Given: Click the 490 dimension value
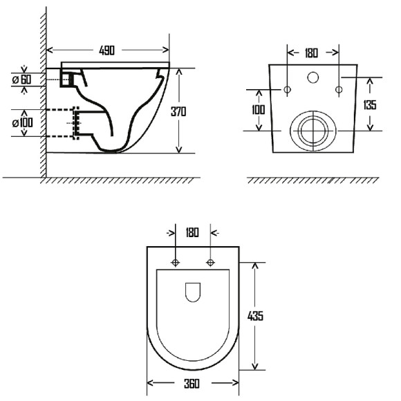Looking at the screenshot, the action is [x=107, y=50].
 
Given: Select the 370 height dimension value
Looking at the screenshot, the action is [x=178, y=111].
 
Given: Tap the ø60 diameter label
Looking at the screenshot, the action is [x=21, y=80].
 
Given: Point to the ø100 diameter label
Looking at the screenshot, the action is [x=23, y=123].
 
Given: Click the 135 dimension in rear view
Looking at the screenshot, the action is [x=370, y=105].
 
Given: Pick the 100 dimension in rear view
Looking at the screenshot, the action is [x=259, y=110].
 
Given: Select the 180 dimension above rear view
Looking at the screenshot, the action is [x=311, y=53].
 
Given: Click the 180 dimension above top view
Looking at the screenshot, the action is [x=192, y=232].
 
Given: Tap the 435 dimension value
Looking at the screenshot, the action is [x=255, y=316].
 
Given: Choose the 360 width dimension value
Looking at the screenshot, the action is [x=192, y=384].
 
